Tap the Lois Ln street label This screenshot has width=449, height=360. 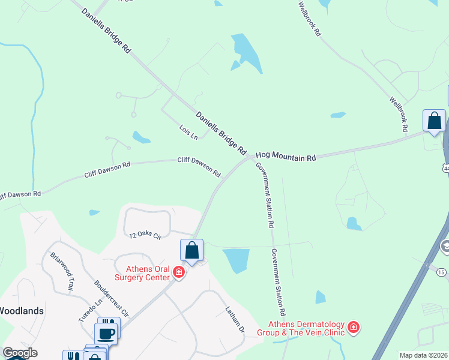(188, 132)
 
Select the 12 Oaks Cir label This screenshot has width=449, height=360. (146, 236)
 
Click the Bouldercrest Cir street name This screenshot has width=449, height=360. (111, 298)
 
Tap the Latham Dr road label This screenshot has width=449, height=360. (235, 320)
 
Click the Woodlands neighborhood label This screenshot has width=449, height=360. (21, 311)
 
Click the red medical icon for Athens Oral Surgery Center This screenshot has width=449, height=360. (178, 272)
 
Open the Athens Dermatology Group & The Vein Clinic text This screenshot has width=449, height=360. (306, 328)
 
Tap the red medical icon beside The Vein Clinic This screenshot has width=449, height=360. (354, 328)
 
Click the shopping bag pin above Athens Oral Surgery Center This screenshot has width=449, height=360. (191, 250)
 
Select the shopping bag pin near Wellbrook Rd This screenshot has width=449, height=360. (434, 121)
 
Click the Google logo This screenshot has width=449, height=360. (20, 353)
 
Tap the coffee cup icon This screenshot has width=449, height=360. (106, 334)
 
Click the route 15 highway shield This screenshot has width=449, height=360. (442, 272)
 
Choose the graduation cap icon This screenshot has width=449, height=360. (445, 245)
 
